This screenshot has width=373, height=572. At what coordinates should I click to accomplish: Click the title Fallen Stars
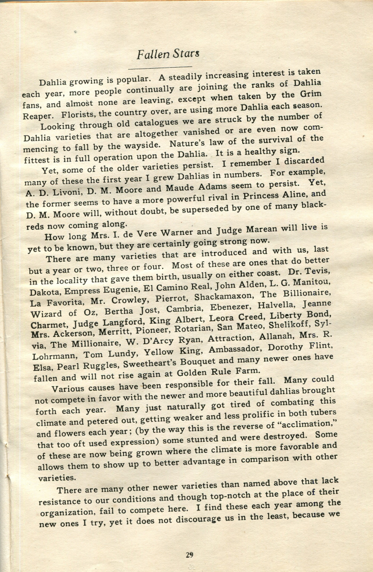click(x=168, y=54)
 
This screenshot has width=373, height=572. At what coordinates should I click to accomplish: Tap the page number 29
click(x=190, y=554)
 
